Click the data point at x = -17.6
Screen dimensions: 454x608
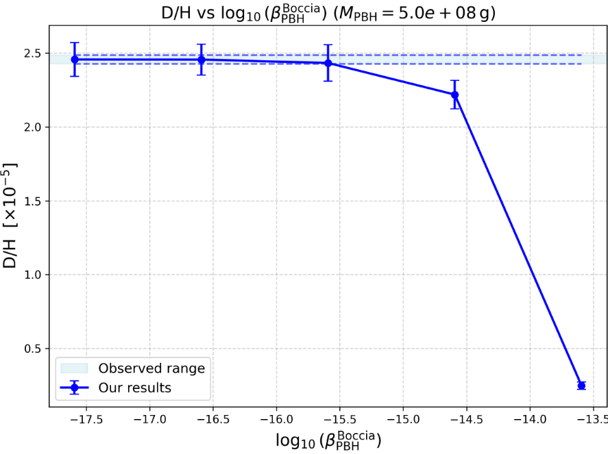(x=75, y=60)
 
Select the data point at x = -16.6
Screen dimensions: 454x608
(x=202, y=60)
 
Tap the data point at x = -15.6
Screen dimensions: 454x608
(x=328, y=63)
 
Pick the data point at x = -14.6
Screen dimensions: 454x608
(x=454, y=94)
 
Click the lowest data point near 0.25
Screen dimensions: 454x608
(x=581, y=386)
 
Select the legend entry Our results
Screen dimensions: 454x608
(x=134, y=388)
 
